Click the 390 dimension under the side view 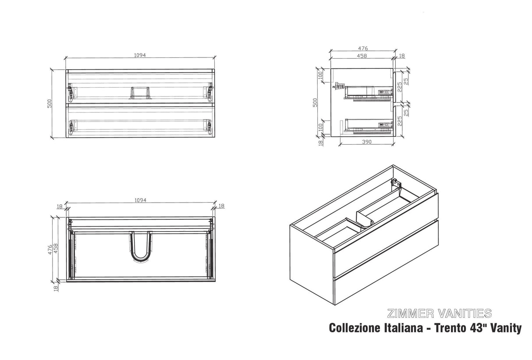(367, 142)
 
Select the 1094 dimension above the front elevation (140, 55)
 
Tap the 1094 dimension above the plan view (140, 200)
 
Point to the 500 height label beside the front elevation (50, 103)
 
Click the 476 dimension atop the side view (363, 49)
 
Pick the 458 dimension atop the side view (362, 56)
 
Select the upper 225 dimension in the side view (400, 87)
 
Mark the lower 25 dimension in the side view (406, 112)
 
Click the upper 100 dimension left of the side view (320, 75)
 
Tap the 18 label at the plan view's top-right (221, 206)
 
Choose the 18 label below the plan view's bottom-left (56, 288)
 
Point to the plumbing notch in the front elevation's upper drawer (140, 93)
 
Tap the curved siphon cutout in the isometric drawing (365, 219)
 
